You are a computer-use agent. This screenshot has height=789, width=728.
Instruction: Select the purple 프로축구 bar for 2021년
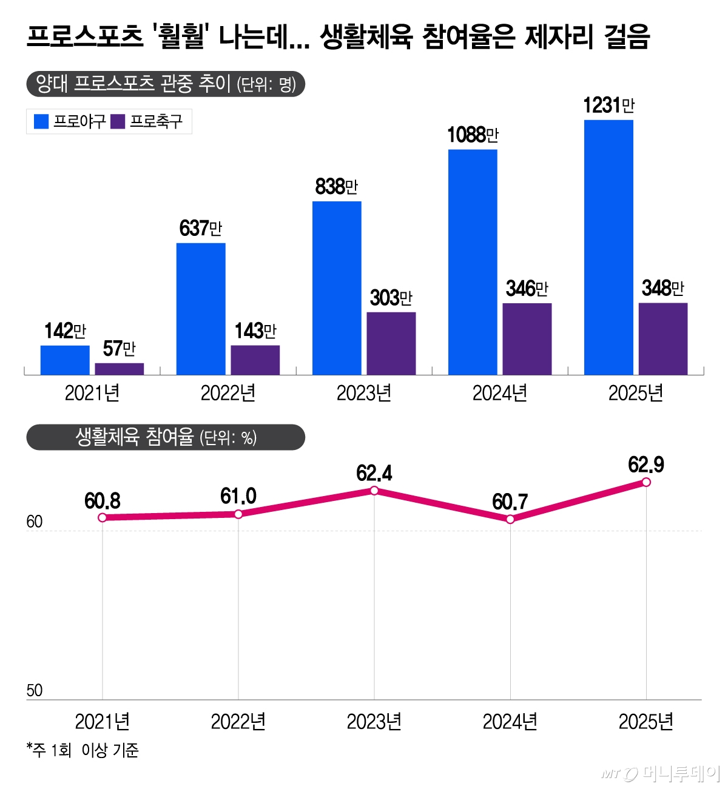[x=120, y=369]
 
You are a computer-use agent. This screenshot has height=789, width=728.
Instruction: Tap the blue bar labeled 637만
[x=201, y=309]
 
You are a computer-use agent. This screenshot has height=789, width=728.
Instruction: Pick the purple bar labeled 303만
[x=391, y=343]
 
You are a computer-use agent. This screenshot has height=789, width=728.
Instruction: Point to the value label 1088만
[x=473, y=135]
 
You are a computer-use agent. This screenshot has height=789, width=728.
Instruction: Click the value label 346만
[x=527, y=289]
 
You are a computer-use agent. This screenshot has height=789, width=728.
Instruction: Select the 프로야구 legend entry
[x=70, y=122]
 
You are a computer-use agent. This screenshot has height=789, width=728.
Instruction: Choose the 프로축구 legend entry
[x=147, y=122]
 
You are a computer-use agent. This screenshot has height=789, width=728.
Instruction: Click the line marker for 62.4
[x=374, y=490]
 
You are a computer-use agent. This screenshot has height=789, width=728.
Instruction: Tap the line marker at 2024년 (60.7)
[x=510, y=519]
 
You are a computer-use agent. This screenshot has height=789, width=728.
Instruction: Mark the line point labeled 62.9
[x=646, y=482]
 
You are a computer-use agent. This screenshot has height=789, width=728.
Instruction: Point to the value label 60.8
[x=103, y=501]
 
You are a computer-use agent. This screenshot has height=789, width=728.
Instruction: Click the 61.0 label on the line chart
[x=238, y=497]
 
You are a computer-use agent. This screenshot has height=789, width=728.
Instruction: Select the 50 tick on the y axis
[x=35, y=690]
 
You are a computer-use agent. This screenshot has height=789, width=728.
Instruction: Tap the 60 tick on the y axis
[x=35, y=522]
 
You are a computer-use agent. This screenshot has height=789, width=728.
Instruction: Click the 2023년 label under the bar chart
[x=364, y=394]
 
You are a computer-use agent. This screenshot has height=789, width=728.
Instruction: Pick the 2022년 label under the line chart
[x=238, y=722]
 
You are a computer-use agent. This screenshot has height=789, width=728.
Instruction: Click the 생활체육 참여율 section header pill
[x=166, y=437]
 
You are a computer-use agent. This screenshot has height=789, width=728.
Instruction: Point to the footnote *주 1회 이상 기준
[x=83, y=750]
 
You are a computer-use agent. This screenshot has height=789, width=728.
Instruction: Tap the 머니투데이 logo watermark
[x=661, y=773]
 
